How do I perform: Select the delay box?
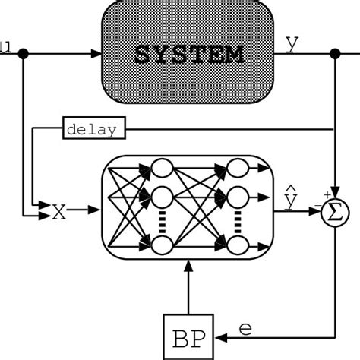coord(91,130)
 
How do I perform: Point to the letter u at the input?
coord(6,48)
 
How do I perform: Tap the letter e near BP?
coord(245,328)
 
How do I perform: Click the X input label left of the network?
coord(59,211)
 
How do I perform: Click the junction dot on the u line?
coord(24,54)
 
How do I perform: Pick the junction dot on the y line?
coord(336,54)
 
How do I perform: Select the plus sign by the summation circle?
coord(326,194)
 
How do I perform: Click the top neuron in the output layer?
coord(238,169)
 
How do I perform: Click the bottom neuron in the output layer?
coord(238,245)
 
